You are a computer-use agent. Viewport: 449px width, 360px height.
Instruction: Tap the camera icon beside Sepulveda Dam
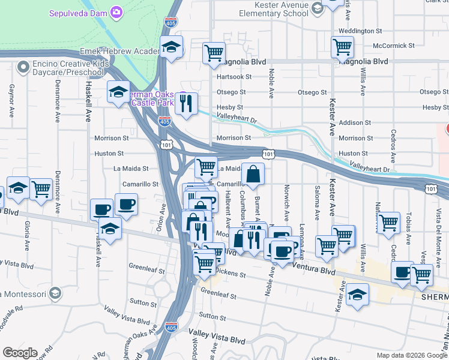116,12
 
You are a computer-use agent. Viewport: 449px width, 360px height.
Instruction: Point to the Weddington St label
360,31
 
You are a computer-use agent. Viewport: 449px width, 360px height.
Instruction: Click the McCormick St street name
393,46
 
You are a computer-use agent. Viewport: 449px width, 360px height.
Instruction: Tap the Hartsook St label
231,77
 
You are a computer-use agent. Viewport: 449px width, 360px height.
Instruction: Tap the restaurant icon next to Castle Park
187,104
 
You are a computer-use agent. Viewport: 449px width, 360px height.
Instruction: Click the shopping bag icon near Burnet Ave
253,174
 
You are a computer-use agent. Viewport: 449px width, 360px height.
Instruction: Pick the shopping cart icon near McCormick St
342,46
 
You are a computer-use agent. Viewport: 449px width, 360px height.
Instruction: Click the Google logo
20,353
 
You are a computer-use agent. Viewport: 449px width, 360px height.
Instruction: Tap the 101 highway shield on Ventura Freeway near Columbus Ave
269,155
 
